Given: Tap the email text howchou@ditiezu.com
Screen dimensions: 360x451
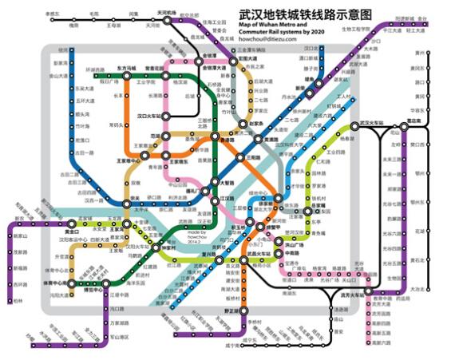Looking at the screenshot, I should tap(267, 38).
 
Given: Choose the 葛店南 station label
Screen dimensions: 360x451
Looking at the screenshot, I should tap(413, 120).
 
